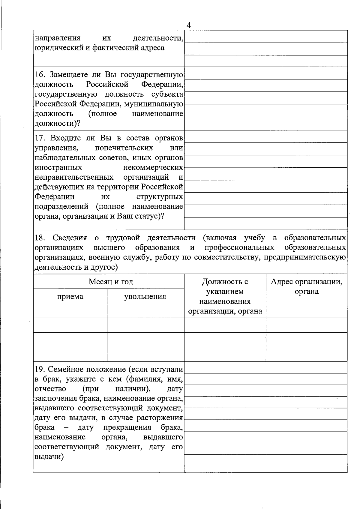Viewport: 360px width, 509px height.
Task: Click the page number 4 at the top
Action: (x=188, y=25)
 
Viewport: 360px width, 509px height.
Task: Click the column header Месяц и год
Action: (x=111, y=282)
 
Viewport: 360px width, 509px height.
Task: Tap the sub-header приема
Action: (x=70, y=297)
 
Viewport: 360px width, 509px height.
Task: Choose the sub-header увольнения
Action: (x=145, y=297)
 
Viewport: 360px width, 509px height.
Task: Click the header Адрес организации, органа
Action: (x=306, y=286)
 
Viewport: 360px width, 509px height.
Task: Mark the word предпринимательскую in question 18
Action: (x=305, y=257)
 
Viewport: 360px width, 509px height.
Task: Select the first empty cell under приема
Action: (x=70, y=325)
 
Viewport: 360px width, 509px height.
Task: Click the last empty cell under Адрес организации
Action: (x=306, y=354)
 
